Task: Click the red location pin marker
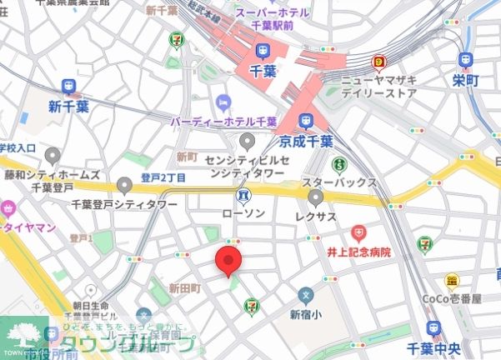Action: pyautogui.click(x=230, y=261)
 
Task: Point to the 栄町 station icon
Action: pyautogui.click(x=465, y=60)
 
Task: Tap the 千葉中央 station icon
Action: pyautogui.click(x=433, y=330)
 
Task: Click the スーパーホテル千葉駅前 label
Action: pyautogui.click(x=273, y=17)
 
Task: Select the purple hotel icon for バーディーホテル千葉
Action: pyautogui.click(x=223, y=102)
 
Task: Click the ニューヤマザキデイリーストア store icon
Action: pyautogui.click(x=380, y=62)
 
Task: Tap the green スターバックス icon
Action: pyautogui.click(x=339, y=164)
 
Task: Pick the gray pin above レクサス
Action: pyautogui.click(x=316, y=197)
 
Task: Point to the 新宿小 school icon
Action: pyautogui.click(x=306, y=296)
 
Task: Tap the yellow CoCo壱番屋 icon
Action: pyautogui.click(x=453, y=282)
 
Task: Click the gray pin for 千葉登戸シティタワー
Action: pyautogui.click(x=125, y=185)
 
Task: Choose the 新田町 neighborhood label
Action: pyautogui.click(x=185, y=287)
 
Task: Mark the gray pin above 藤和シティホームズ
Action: pyautogui.click(x=53, y=156)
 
